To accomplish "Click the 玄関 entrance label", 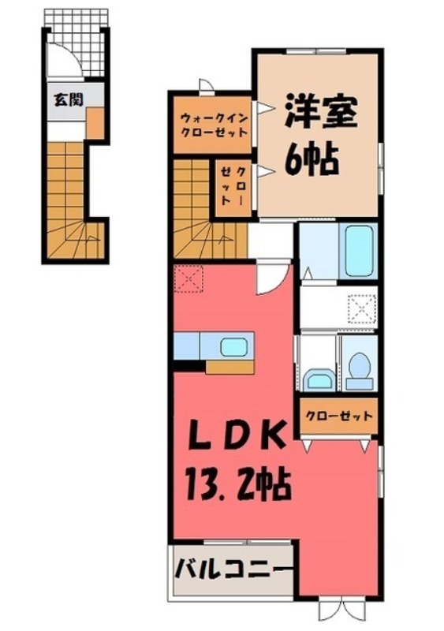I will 66,99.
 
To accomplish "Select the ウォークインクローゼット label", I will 211,125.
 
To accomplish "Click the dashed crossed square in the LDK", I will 189,278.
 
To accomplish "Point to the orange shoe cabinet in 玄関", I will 95,123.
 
